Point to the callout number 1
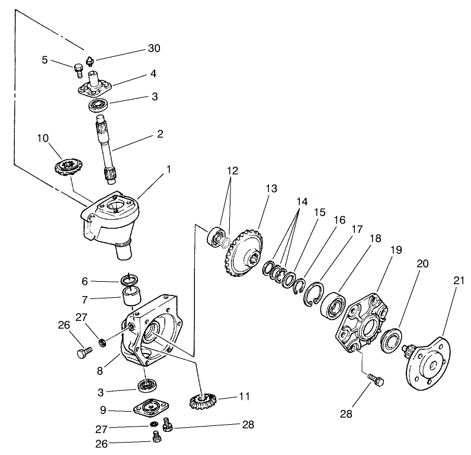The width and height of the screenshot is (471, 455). [169, 169]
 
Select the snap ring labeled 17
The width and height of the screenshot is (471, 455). [315, 293]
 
